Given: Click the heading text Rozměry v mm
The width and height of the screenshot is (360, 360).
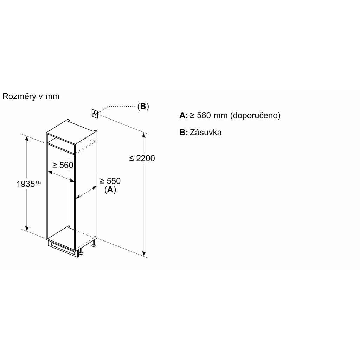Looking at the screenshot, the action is tap(31, 97).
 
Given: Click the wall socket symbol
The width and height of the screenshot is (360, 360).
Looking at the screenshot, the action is tap(94, 113).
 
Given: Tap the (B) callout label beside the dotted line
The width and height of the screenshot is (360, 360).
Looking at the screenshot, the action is tap(143, 107).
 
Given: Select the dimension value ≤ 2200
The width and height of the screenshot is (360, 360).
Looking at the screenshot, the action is tap(142, 158).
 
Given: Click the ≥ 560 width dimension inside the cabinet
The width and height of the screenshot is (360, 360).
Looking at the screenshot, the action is tap(63, 165).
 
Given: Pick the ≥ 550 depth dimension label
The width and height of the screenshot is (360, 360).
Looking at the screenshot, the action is tap(110, 181).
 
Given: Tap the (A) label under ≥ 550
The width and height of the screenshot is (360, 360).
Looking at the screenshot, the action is tap(110, 190).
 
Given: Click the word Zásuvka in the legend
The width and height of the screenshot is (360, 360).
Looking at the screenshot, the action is tap(206, 133).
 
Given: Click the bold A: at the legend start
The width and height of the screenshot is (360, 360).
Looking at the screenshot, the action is tap(184, 116).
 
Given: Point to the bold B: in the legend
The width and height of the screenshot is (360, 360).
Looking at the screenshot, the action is tap(184, 133).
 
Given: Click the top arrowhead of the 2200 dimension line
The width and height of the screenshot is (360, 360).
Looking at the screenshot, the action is tap(144, 135).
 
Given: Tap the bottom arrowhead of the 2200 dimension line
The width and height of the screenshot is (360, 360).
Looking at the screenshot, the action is tap(144, 253).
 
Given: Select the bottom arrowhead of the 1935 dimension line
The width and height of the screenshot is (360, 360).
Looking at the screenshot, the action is tap(26, 227).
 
